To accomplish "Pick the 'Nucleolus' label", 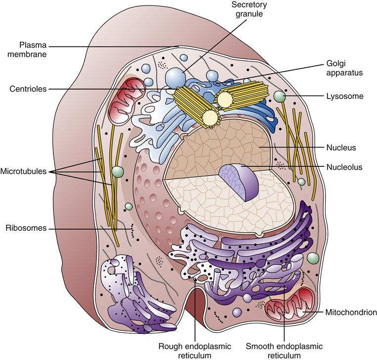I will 344,167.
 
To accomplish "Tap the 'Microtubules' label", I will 26,171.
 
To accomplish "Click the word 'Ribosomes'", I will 26,228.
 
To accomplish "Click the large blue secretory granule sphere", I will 175,77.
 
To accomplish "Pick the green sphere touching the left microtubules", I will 117,172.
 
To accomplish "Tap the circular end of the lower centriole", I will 211,118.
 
